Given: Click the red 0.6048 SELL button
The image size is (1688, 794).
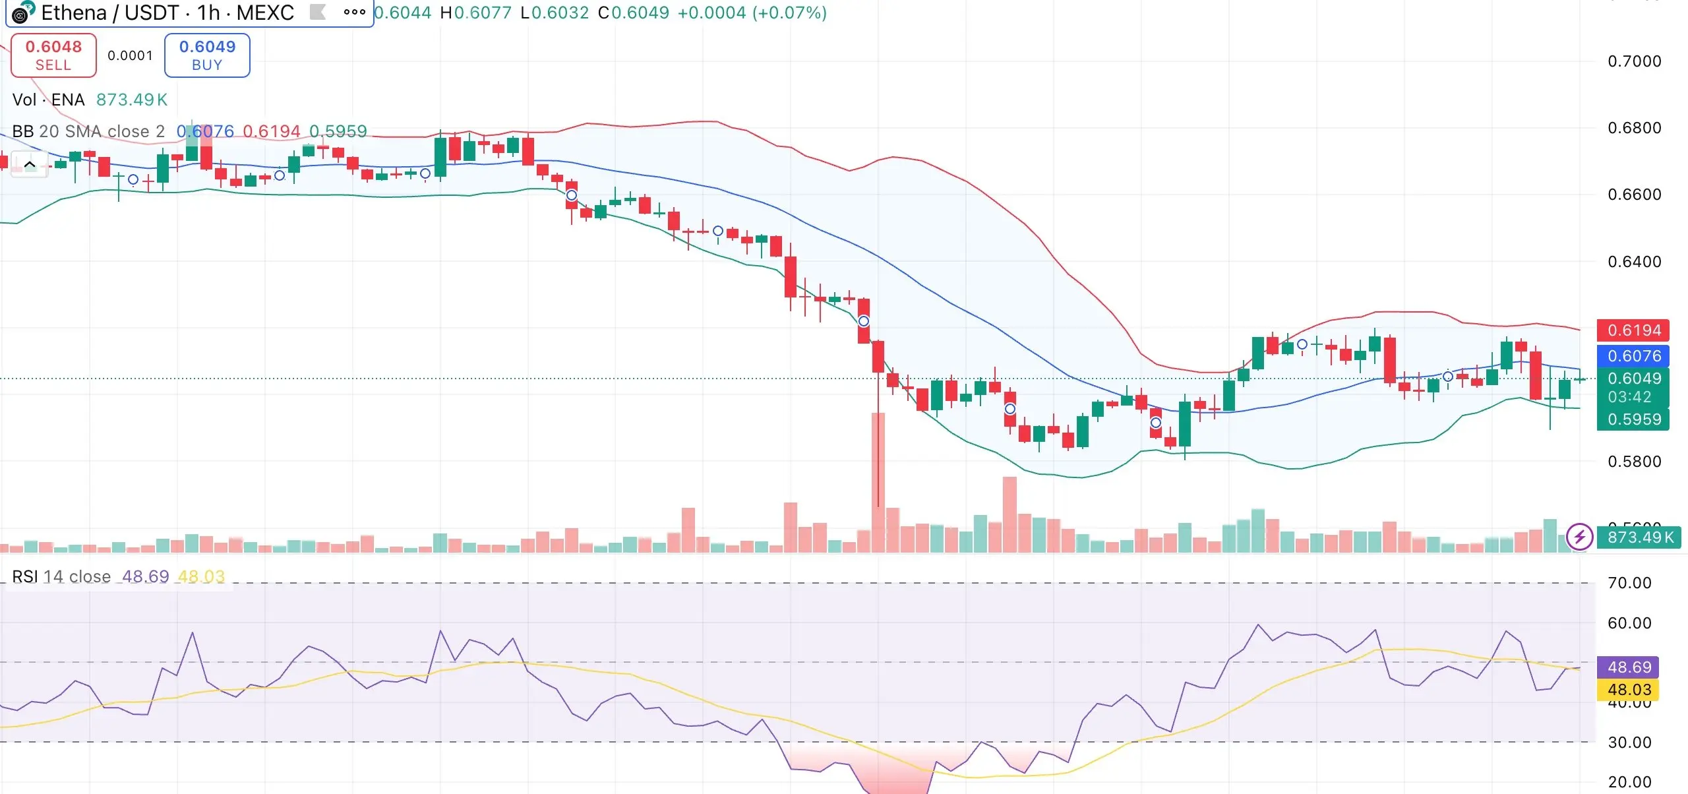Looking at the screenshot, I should pyautogui.click(x=53, y=55).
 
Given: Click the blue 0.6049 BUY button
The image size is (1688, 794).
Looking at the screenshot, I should pyautogui.click(x=207, y=55).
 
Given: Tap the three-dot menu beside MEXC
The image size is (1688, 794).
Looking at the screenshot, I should pyautogui.click(x=354, y=12).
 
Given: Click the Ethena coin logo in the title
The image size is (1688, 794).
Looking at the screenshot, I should pyautogui.click(x=22, y=12).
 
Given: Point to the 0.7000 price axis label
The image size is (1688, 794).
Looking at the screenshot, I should pyautogui.click(x=1634, y=61).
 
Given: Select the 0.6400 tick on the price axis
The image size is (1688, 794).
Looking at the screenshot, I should pyautogui.click(x=1634, y=262).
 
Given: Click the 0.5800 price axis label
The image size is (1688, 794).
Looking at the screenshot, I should pyautogui.click(x=1634, y=462).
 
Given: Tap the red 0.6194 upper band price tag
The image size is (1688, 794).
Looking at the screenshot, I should pyautogui.click(x=1633, y=330).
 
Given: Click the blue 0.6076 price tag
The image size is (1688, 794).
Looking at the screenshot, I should pyautogui.click(x=1633, y=356).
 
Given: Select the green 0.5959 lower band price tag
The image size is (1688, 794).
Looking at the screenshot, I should pyautogui.click(x=1633, y=419).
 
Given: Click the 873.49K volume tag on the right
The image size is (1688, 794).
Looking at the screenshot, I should pyautogui.click(x=1640, y=537).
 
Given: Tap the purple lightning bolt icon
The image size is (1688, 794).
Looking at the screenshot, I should pyautogui.click(x=1579, y=537).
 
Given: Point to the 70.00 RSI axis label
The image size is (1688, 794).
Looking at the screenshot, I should pyautogui.click(x=1629, y=583).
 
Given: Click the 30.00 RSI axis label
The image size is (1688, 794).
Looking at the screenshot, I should pyautogui.click(x=1629, y=743).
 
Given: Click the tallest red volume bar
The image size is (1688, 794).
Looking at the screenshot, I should pyautogui.click(x=878, y=481).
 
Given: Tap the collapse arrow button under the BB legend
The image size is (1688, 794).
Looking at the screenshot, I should pyautogui.click(x=30, y=164).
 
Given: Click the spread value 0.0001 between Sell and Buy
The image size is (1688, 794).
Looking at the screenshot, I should pyautogui.click(x=130, y=55).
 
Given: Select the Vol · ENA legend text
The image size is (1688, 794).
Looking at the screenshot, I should pyautogui.click(x=49, y=100).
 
